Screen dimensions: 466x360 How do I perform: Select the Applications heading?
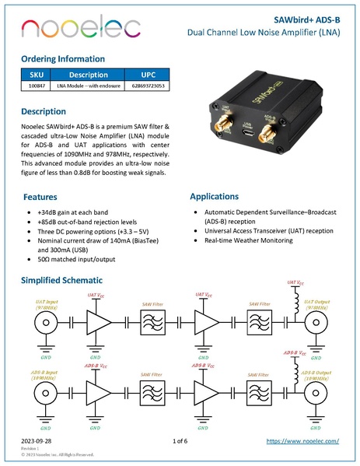[x=218, y=197]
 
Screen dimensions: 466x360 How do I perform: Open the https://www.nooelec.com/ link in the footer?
[x=302, y=441]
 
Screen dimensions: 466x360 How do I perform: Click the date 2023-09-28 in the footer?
[x=37, y=441]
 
